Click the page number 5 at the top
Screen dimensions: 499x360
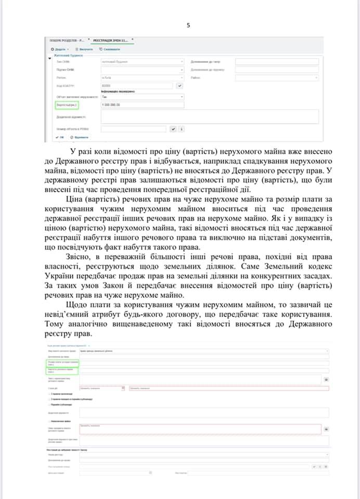pyautogui.click(x=188, y=24)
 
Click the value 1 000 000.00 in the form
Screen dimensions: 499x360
pyautogui.click(x=111, y=105)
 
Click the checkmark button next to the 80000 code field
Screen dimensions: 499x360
pyautogui.click(x=180, y=85)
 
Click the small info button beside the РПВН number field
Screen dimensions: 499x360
pyautogui.click(x=182, y=129)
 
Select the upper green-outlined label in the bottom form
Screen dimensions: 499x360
pyautogui.click(x=60, y=362)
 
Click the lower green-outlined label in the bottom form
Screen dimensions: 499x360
pyautogui.click(x=60, y=371)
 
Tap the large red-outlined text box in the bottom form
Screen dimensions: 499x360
pyautogui.click(x=199, y=429)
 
